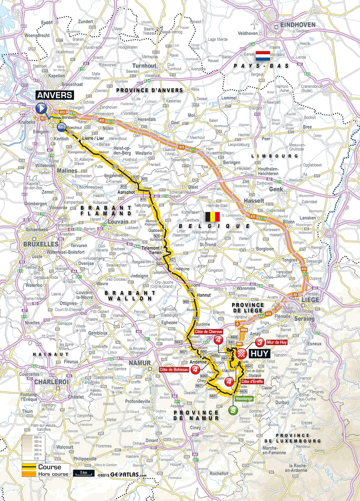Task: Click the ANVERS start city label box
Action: click(x=55, y=95)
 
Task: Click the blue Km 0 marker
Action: click(x=62, y=127)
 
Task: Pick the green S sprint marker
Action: click(x=233, y=410)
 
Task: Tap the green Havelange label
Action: click(x=244, y=399)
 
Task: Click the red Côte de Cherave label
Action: click(x=209, y=332)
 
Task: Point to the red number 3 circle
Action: click(x=260, y=342)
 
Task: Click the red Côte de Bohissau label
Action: click(x=174, y=369)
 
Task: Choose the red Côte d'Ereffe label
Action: click(x=252, y=381)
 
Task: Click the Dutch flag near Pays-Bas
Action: click(x=263, y=56)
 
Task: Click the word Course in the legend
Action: click(x=49, y=467)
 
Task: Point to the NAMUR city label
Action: click(x=140, y=363)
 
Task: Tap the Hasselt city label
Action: click(x=254, y=201)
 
